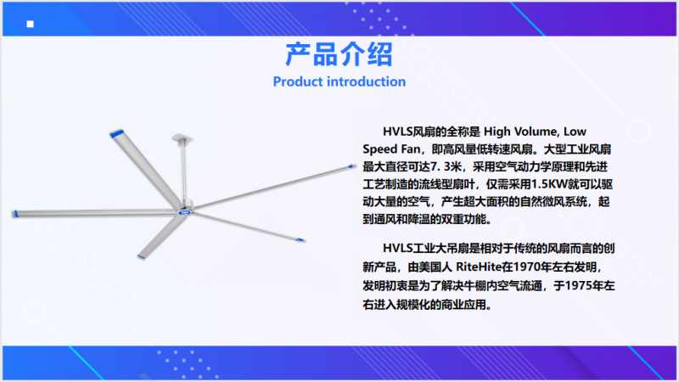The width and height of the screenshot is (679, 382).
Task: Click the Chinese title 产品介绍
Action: tap(339, 54)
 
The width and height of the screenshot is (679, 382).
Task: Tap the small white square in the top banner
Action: tap(30, 24)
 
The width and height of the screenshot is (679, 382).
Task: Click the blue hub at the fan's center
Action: tap(185, 212)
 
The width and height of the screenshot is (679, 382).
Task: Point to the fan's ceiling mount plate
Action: tap(182, 138)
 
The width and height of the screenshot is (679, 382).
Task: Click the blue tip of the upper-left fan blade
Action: tap(117, 133)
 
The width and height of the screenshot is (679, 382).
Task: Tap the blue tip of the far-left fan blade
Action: tap(15, 214)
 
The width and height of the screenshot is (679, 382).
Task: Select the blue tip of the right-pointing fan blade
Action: tap(351, 166)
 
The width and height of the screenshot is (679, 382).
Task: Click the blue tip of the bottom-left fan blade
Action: tap(141, 257)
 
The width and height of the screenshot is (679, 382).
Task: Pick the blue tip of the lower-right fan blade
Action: tap(300, 239)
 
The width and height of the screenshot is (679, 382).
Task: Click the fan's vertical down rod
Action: tap(184, 172)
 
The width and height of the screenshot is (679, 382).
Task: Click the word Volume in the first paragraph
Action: tap(536, 132)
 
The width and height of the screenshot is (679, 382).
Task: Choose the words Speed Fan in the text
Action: tap(391, 149)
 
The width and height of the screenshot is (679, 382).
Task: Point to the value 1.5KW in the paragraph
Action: tap(548, 184)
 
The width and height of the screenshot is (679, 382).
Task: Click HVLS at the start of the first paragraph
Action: tap(397, 132)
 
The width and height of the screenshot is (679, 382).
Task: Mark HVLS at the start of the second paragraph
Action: tap(397, 248)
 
